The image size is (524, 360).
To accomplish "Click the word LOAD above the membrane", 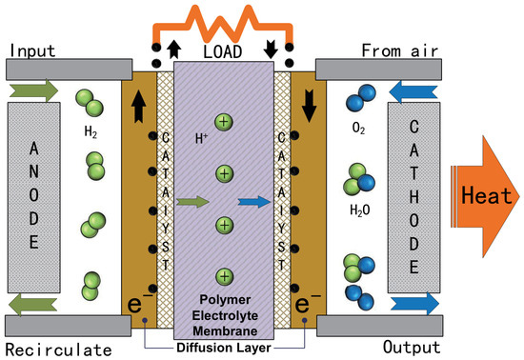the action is tap(223, 51).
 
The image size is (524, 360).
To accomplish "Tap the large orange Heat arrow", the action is tap(485, 196).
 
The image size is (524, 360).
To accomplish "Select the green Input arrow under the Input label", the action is tap(33, 90).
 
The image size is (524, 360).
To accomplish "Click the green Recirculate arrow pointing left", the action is tap(32, 304).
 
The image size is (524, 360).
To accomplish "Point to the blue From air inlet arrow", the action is tap(413, 91).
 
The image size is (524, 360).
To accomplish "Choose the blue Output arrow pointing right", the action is tap(414, 304).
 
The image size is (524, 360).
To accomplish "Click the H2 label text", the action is tap(91, 131).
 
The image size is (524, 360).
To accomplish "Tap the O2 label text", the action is tap(358, 128).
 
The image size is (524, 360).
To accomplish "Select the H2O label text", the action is tap(359, 210).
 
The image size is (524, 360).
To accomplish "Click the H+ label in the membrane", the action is tap(201, 138).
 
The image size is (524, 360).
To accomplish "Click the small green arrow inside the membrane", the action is tap(192, 202).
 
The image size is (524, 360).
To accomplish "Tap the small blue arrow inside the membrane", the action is tap(254, 202).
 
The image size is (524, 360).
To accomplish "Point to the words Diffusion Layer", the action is tap(224, 348).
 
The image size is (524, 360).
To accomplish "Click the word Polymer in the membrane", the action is tap(225, 300).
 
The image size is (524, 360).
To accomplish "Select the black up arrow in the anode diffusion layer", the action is tap(139, 107).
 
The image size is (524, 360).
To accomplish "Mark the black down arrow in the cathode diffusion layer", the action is tap(309, 107).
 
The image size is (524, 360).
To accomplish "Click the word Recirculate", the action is tap(58, 350).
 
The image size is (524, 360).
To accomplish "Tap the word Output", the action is tap(412, 348).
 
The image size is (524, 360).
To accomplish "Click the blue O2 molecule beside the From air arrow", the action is tap(360, 97).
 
